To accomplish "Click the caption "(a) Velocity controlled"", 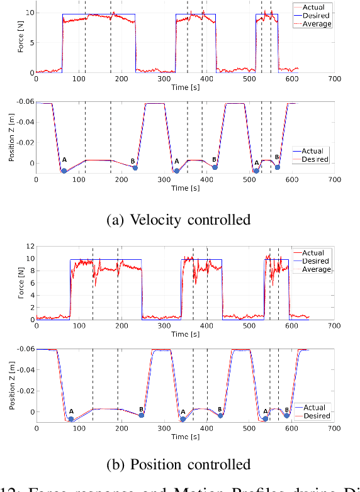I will (x=180, y=219).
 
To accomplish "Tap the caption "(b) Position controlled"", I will (x=180, y=464).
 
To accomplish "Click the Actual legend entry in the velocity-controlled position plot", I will (x=313, y=151).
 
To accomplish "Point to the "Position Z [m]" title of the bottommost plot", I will (x=13, y=386).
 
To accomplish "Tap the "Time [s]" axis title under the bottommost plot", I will (x=184, y=436).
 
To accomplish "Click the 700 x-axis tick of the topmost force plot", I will (x=334, y=79).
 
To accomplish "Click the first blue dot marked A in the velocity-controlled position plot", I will (x=64, y=171).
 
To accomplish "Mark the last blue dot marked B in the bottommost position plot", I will (x=286, y=415).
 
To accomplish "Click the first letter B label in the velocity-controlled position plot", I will (x=133, y=161).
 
